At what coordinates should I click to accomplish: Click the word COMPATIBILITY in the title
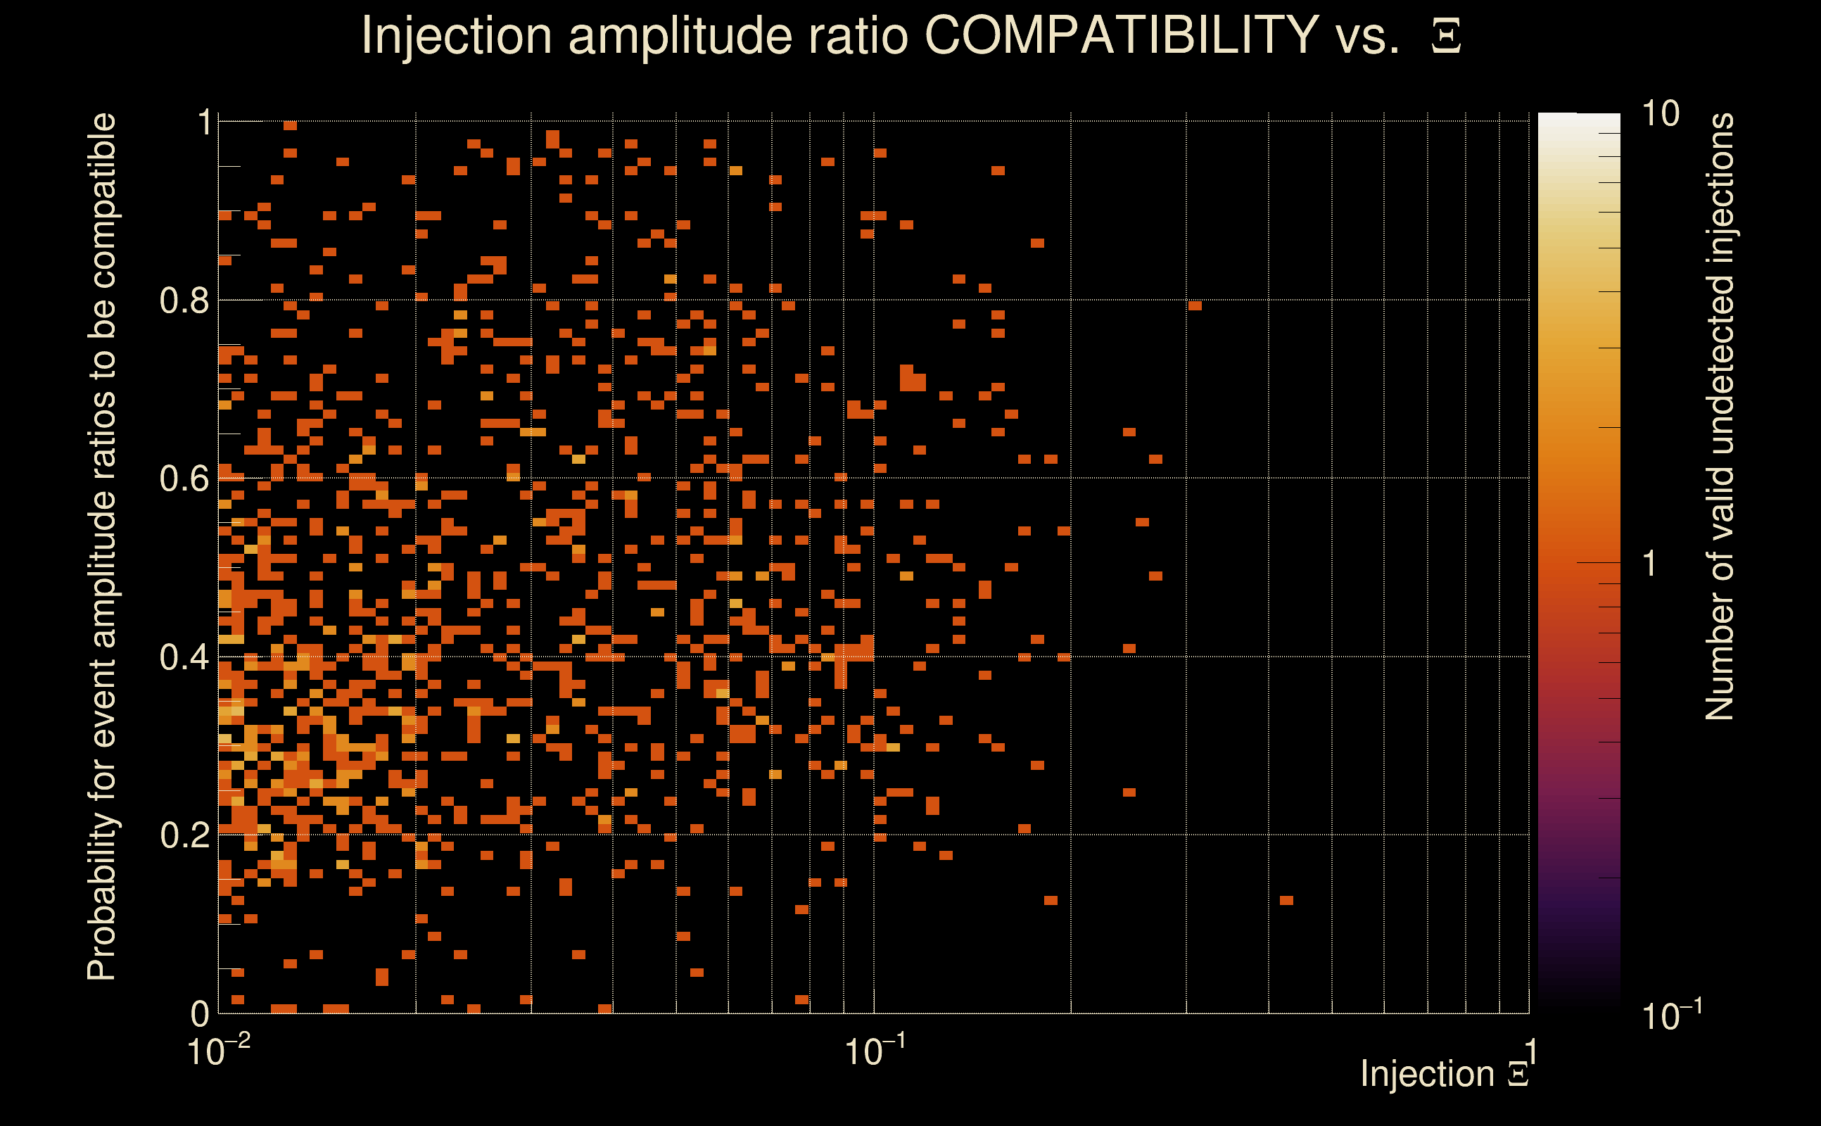(1121, 35)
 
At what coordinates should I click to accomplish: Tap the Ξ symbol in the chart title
(1446, 37)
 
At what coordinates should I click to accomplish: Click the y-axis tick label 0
(201, 1013)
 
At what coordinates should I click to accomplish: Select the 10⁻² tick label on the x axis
(218, 1051)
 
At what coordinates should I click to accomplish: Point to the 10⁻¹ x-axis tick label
(875, 1051)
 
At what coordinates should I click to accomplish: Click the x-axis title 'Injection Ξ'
(1445, 1074)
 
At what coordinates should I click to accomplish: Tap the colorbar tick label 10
(1660, 115)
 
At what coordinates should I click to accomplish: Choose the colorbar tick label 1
(1650, 564)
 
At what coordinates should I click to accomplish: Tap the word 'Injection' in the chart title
(457, 35)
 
